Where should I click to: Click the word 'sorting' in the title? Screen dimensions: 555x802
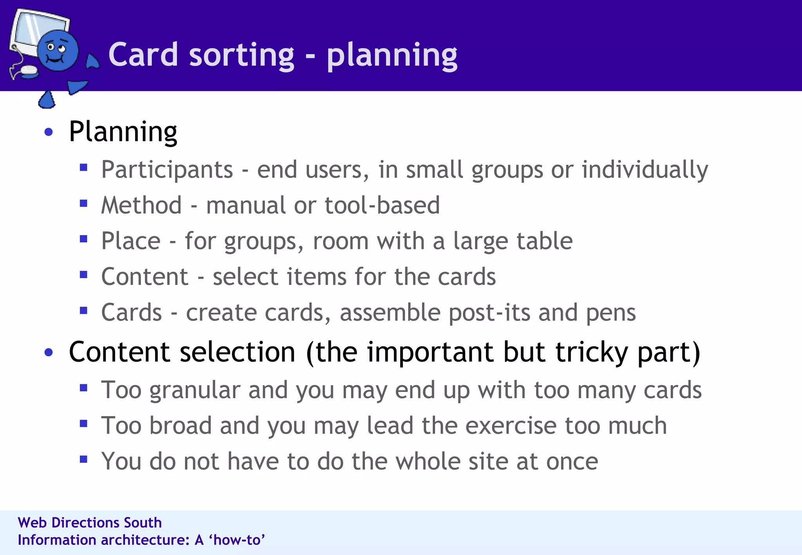pyautogui.click(x=241, y=55)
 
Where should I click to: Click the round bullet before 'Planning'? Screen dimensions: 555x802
pyautogui.click(x=49, y=132)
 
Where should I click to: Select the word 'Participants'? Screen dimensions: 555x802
pyautogui.click(x=167, y=170)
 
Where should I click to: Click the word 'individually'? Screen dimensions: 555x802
pyautogui.click(x=645, y=170)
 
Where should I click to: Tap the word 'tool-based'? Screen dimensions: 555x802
pyautogui.click(x=382, y=205)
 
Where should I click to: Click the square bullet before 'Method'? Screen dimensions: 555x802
pyautogui.click(x=83, y=204)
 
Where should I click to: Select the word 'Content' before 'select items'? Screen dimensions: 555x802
pyautogui.click(x=145, y=277)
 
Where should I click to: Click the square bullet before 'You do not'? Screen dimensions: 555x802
pyautogui.click(x=83, y=459)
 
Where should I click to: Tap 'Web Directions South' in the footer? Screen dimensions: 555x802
pyautogui.click(x=90, y=523)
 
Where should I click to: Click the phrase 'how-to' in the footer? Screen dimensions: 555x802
pyautogui.click(x=237, y=540)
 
